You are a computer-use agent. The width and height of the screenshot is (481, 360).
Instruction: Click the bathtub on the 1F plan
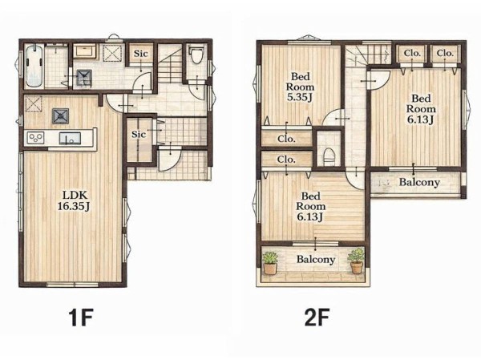tap(34, 66)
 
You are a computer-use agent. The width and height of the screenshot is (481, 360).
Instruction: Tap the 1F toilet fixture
tap(196, 55)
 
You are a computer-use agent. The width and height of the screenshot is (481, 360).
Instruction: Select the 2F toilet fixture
tap(329, 156)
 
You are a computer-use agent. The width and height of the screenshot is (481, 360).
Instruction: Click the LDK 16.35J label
tap(74, 200)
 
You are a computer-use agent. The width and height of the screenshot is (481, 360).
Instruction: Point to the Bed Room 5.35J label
tap(300, 87)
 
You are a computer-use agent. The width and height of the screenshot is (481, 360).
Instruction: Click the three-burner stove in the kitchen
tap(36, 138)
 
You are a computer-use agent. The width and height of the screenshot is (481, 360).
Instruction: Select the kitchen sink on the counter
tap(70, 138)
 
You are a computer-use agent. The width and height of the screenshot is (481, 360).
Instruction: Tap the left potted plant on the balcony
tap(270, 263)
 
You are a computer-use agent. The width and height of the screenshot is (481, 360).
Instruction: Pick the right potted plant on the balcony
tap(356, 261)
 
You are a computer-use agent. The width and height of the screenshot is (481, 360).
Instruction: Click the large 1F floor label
tap(81, 318)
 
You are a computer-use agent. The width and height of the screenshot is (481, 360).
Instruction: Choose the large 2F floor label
tap(317, 318)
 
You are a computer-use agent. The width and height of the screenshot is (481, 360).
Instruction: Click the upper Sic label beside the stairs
tap(140, 54)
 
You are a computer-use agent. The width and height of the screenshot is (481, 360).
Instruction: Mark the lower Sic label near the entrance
tap(139, 134)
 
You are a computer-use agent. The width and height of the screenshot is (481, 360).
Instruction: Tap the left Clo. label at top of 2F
tap(412, 53)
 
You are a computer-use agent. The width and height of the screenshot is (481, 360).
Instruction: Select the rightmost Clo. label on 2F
tap(445, 53)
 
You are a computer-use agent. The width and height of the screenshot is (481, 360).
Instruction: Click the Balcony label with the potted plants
tap(316, 259)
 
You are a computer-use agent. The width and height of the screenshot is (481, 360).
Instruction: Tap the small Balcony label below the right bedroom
tap(419, 182)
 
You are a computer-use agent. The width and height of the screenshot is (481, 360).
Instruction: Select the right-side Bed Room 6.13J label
tap(421, 109)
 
